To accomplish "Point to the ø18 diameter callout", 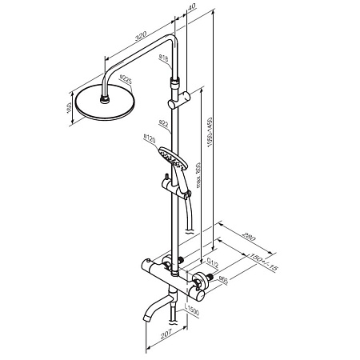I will point(163,58).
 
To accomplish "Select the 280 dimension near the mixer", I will point(248,236).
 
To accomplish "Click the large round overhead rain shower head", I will point(105,107).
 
